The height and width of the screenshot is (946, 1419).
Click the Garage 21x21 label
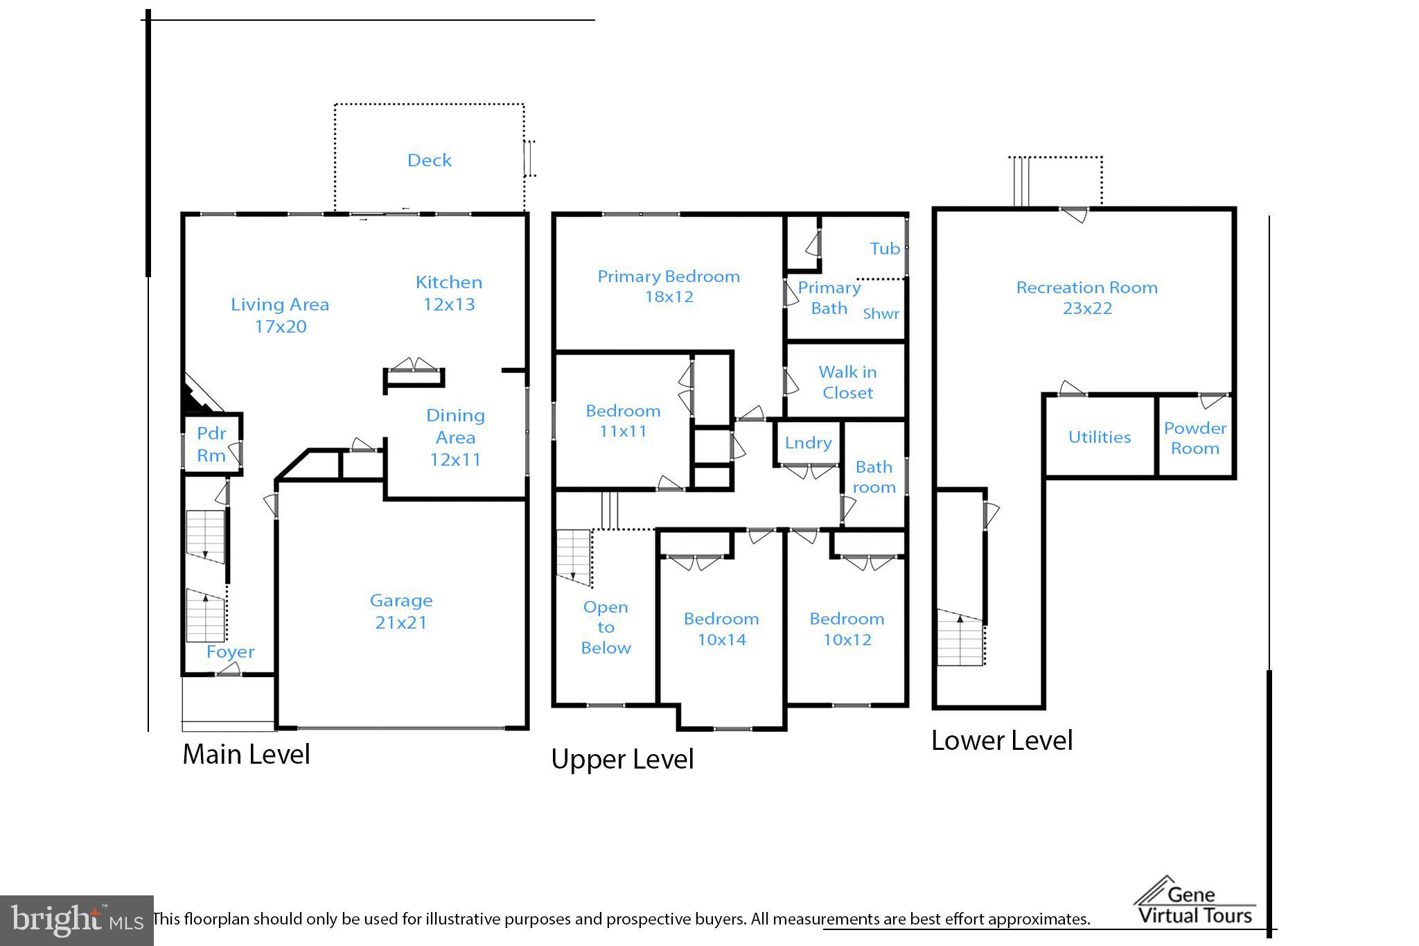click(401, 611)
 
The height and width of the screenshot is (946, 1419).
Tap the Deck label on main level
click(429, 160)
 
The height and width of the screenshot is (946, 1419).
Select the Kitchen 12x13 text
click(449, 293)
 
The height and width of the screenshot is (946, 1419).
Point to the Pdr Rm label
click(211, 444)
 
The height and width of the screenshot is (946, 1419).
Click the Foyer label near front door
click(230, 651)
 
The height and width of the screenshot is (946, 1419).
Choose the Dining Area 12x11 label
click(455, 437)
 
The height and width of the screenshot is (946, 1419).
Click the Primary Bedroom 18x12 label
click(669, 286)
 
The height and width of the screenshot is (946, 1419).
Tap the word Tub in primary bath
click(885, 248)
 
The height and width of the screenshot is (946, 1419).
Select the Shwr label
click(881, 313)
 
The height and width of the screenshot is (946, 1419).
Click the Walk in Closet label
click(847, 382)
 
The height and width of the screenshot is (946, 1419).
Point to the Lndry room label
click(808, 442)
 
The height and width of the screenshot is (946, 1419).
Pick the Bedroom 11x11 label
click(623, 421)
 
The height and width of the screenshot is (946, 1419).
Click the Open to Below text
click(606, 627)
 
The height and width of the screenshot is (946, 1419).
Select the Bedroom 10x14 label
click(721, 629)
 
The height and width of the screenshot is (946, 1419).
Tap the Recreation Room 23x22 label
click(1086, 297)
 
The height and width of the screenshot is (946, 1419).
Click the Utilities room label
click(1099, 437)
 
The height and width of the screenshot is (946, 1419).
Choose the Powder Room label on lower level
click(1195, 438)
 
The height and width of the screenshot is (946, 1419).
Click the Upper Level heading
click(622, 759)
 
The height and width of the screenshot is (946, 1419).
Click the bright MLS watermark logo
click(76, 920)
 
